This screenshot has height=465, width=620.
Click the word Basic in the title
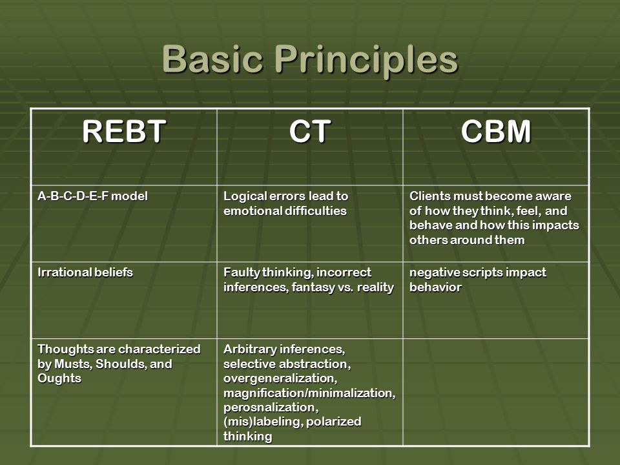click(212, 59)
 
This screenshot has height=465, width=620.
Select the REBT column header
click(124, 131)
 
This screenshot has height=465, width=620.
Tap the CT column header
click(309, 131)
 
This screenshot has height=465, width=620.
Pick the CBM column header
click(496, 131)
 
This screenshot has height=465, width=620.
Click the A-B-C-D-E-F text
click(72, 196)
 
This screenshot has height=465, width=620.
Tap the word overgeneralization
click(280, 379)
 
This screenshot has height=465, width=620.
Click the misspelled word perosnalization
click(271, 408)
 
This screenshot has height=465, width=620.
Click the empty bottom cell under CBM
click(496, 392)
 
